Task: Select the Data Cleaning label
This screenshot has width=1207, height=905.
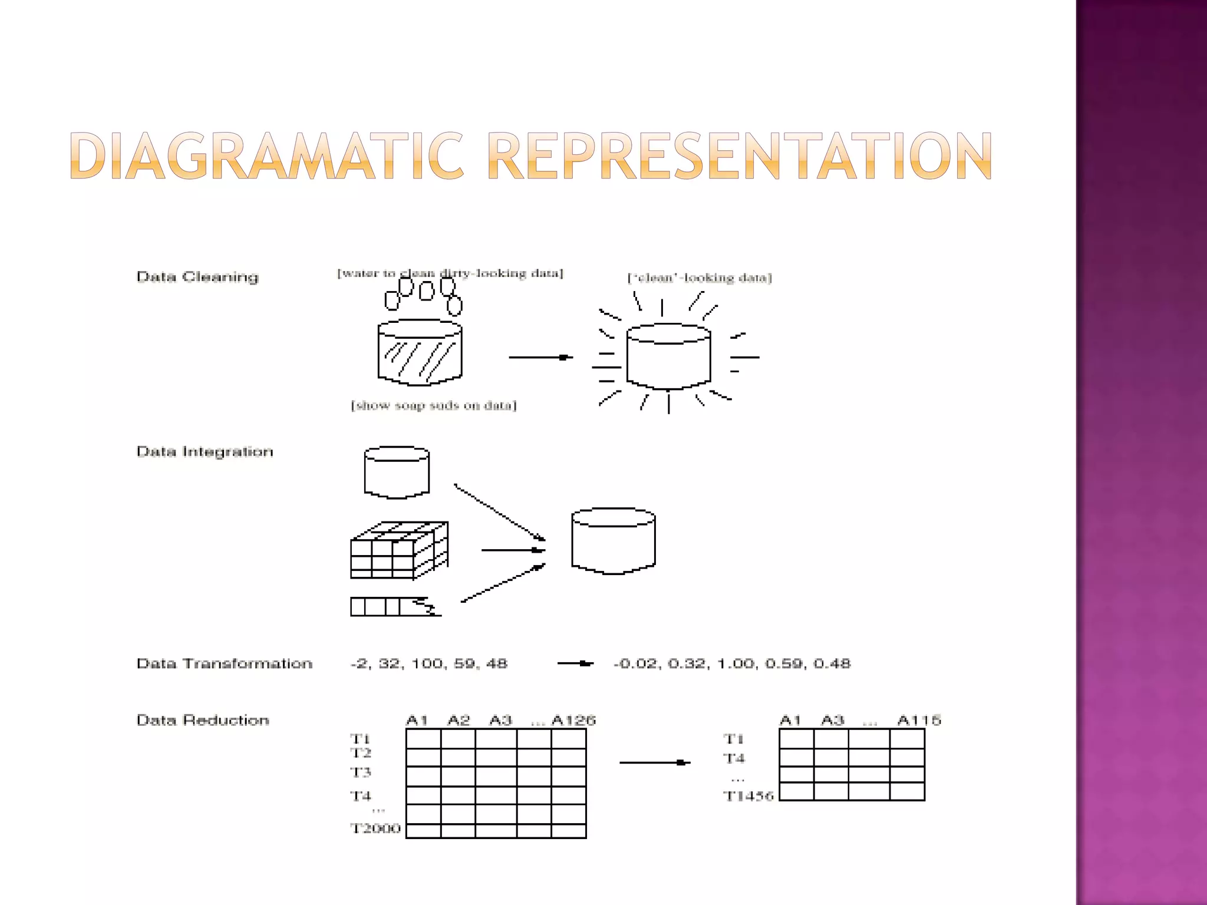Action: (197, 277)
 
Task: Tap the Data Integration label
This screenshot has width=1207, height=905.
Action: (205, 452)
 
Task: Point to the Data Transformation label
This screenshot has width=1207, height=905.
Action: (224, 663)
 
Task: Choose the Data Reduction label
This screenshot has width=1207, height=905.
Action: (203, 720)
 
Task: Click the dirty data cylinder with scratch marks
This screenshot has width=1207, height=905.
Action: (420, 352)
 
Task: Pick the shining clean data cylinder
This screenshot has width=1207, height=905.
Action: (668, 356)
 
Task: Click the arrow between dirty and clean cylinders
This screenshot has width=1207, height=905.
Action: (540, 357)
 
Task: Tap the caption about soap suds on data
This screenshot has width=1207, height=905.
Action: (434, 405)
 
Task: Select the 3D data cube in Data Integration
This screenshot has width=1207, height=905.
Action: (399, 550)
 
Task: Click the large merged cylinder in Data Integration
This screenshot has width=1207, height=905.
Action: (614, 541)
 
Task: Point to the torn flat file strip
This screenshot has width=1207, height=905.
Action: (395, 607)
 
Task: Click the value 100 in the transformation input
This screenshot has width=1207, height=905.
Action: (427, 663)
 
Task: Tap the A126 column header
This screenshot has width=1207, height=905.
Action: (573, 720)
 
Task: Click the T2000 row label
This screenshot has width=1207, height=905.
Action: (375, 828)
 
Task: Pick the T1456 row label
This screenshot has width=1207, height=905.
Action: (748, 796)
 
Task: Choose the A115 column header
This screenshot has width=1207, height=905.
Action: (919, 720)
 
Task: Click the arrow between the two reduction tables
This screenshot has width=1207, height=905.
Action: (654, 762)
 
